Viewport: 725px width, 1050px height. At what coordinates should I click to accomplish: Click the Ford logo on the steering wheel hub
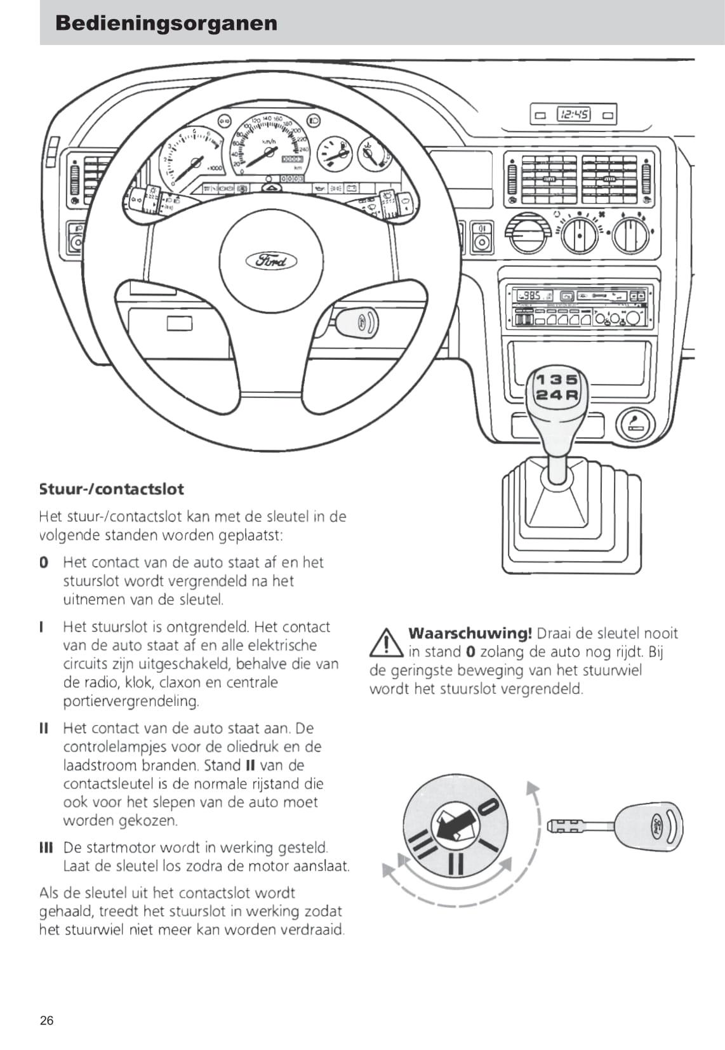coord(271,261)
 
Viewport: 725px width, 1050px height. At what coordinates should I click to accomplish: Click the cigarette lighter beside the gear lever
coord(635,425)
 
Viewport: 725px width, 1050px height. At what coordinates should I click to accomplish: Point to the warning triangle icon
coord(386,642)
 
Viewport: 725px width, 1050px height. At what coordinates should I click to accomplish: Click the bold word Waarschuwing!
coord(470,634)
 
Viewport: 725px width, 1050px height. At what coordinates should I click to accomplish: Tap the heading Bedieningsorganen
coord(166,23)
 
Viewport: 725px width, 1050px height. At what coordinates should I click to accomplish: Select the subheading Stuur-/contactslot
coord(112,489)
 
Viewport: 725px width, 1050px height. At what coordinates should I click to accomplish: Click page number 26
coord(47,1020)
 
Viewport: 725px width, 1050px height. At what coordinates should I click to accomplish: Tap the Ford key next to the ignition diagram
coord(615,827)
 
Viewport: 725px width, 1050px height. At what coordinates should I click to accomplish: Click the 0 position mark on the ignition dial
coord(488,807)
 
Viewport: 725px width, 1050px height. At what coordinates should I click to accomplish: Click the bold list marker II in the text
coord(44,728)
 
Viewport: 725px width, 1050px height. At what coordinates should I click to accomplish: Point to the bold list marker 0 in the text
coord(44,562)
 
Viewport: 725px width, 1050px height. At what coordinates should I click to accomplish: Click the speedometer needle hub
coord(269,152)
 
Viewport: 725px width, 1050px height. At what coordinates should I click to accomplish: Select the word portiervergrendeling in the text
coord(131,701)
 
